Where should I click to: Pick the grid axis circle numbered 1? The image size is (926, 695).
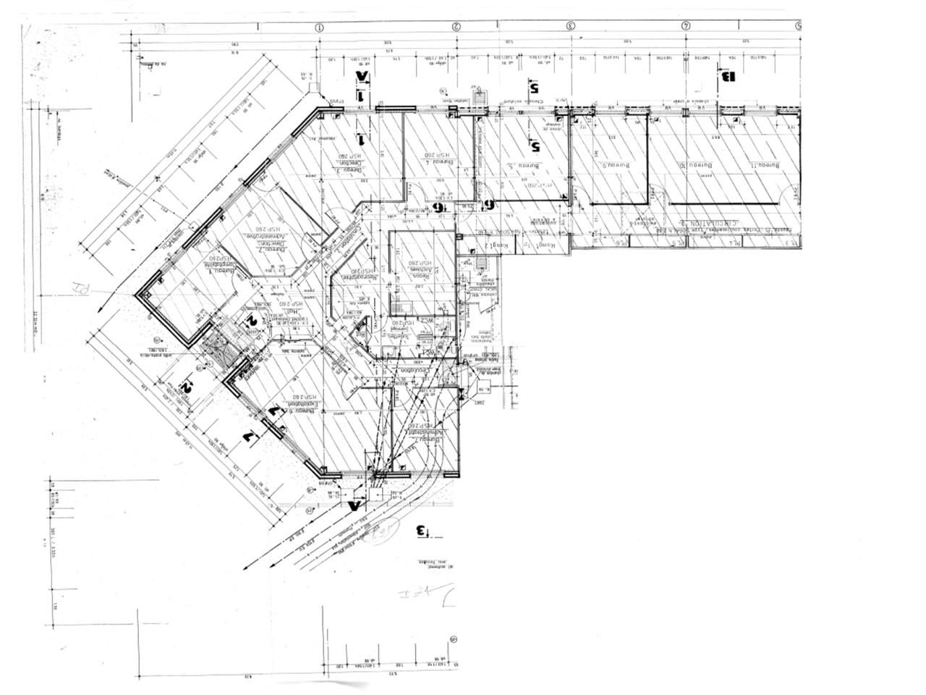[318, 27]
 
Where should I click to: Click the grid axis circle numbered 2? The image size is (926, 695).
[456, 27]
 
